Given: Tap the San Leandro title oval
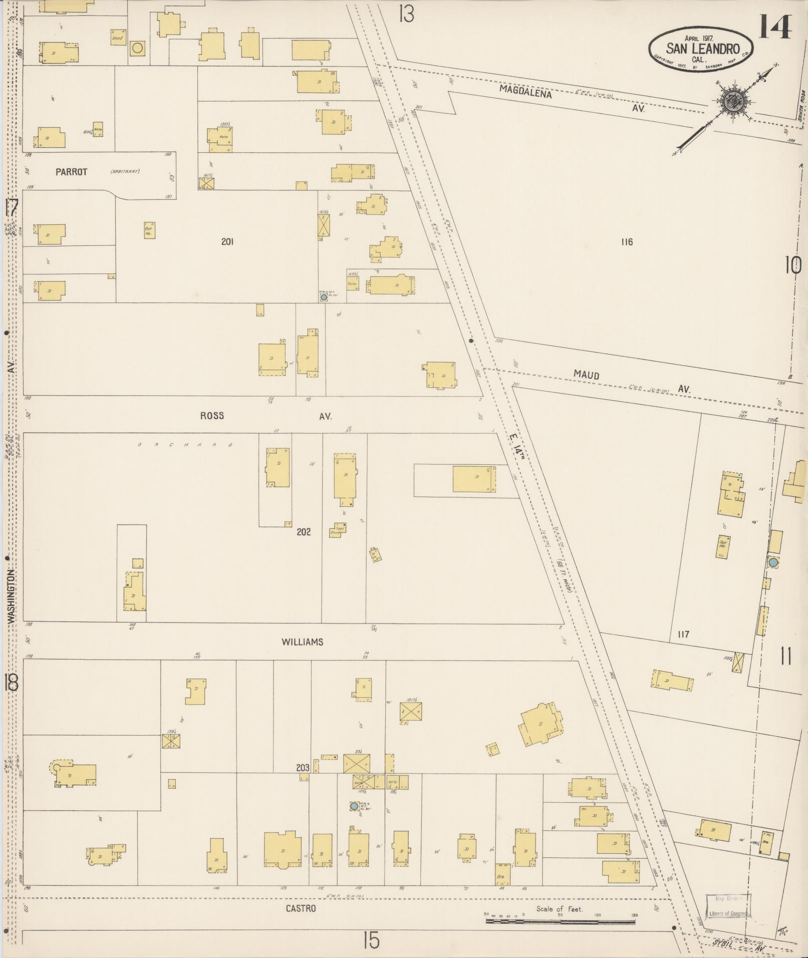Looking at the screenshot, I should pos(701,49).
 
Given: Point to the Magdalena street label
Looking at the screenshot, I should pos(525,92).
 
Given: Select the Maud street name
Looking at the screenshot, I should pos(587,375).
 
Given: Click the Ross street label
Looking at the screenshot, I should pos(211,416).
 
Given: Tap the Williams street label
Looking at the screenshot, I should pos(302,642).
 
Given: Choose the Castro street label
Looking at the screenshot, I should pos(301,908).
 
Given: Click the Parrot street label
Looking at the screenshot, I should pos(71,172).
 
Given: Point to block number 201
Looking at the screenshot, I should pos(227,242).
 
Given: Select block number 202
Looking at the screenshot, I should pos(304,532).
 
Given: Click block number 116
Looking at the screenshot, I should pos(627,242).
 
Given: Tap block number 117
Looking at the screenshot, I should pos(683,634).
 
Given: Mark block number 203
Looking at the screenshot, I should pos(302,767).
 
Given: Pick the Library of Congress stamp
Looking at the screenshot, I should pos(728,906).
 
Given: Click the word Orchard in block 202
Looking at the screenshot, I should pos(185,444).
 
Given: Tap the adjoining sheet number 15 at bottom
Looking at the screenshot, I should pos(371,940).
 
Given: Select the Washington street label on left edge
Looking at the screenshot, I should pos(11,596).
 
